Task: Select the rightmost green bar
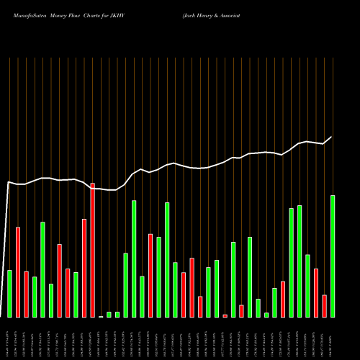[x=333, y=256]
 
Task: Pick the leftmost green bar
[x=9, y=293]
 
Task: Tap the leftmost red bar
[x=18, y=272]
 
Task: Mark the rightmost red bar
[x=324, y=306]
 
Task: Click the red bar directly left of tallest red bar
[x=84, y=268]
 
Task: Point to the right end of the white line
[x=332, y=137]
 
